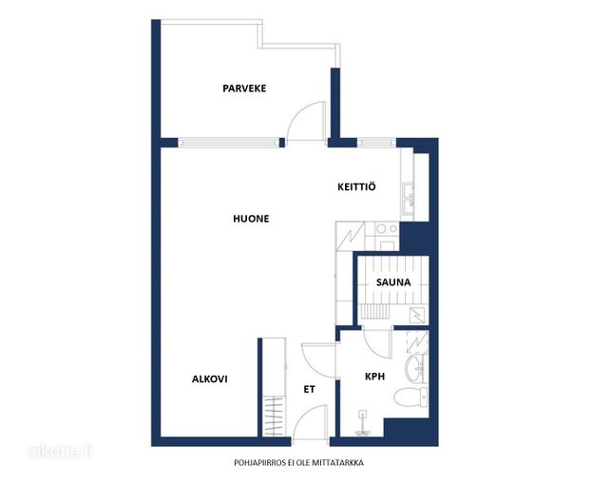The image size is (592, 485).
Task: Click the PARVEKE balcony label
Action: click(244, 88)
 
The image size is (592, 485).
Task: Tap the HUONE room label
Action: click(251, 219)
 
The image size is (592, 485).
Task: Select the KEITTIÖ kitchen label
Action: click(356, 186)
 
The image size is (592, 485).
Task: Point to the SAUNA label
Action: click(393, 282)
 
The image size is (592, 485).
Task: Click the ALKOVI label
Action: click(210, 378)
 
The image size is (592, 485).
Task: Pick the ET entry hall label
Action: click(309, 390)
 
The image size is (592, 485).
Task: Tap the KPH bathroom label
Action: click(374, 377)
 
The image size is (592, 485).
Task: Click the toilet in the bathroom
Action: click(411, 398)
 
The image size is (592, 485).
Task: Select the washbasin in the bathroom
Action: click(415, 366)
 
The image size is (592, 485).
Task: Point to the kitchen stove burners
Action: click(387, 228)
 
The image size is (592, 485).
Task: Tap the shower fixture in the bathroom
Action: click(363, 424)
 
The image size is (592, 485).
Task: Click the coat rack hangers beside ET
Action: click(275, 416)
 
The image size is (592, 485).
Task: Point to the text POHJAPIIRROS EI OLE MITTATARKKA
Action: click(298, 463)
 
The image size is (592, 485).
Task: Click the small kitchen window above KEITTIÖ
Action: click(376, 143)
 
